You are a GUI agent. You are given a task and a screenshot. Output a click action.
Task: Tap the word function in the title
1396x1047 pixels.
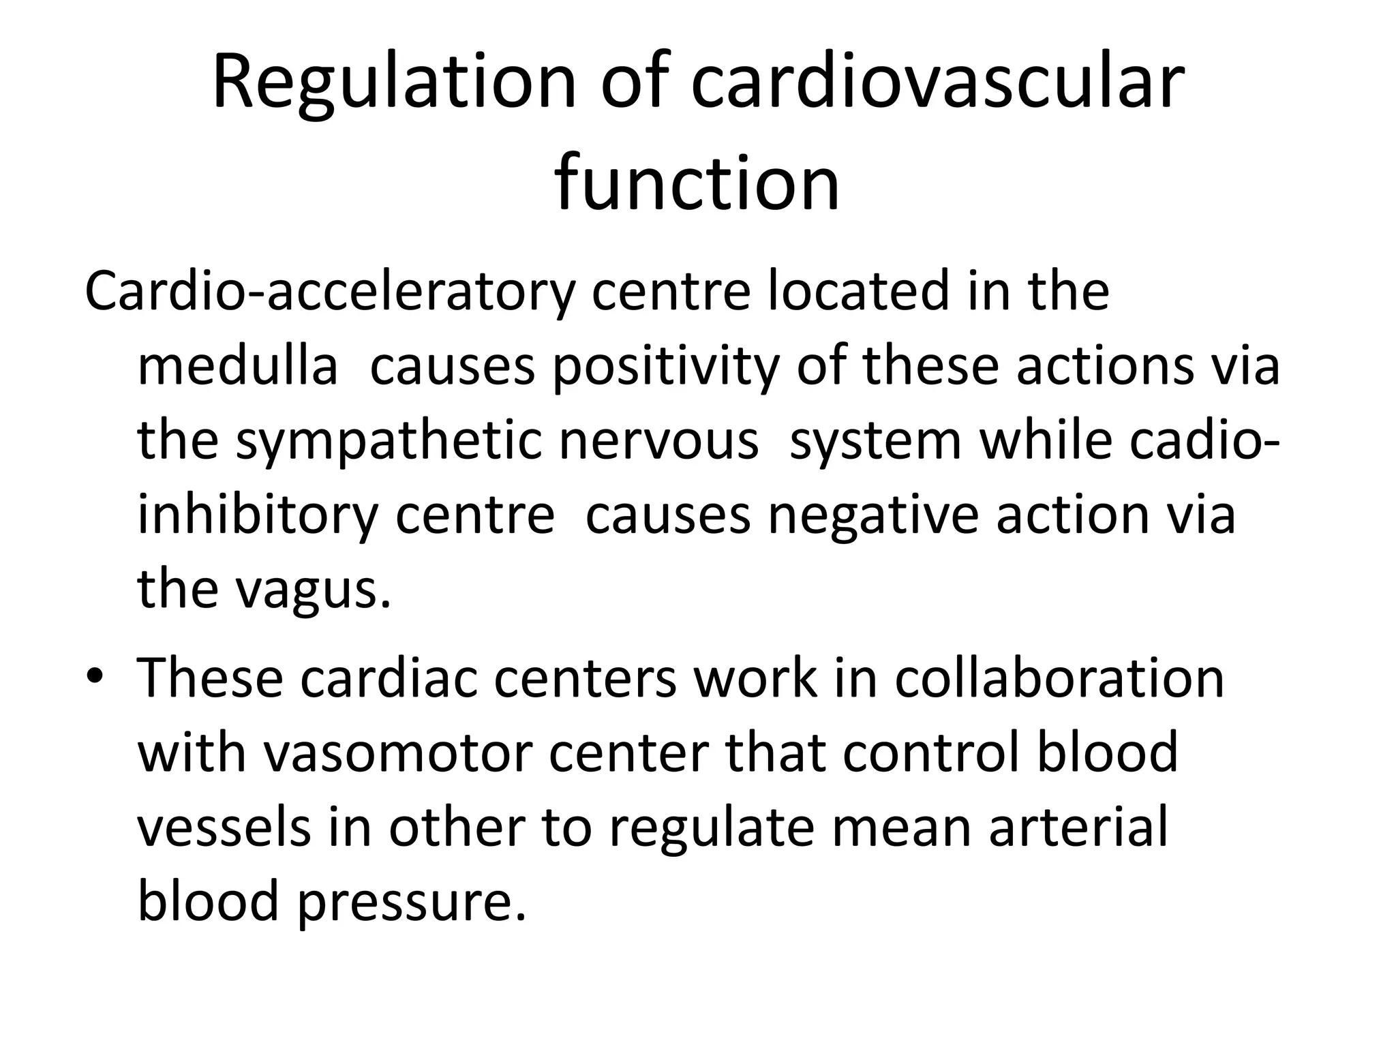click(697, 183)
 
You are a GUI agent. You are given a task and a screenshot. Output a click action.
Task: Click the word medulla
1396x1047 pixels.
click(238, 366)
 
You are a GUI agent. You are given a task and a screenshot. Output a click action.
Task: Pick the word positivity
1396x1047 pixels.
click(665, 366)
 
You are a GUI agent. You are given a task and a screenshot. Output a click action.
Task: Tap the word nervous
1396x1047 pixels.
click(658, 440)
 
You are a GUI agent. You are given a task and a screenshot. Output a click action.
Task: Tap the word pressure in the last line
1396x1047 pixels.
click(412, 900)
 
